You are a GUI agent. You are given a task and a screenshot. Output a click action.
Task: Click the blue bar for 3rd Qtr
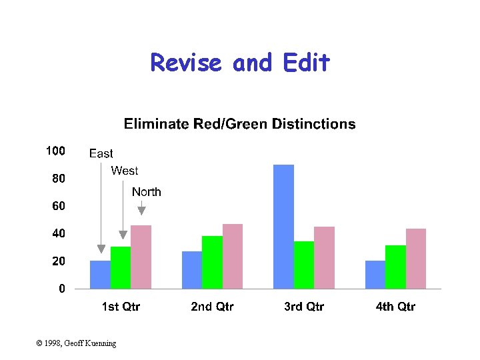(283, 227)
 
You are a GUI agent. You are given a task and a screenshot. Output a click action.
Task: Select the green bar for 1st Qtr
(121, 267)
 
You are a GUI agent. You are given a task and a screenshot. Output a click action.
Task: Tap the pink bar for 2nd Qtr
(233, 256)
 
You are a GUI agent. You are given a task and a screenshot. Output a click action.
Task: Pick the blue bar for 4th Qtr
(375, 275)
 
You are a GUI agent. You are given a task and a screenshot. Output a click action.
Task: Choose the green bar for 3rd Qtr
(304, 265)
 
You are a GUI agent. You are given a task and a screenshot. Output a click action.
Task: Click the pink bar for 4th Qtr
(416, 259)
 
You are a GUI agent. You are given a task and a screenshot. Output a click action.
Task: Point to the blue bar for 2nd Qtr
(192, 270)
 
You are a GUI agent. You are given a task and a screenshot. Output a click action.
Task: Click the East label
(101, 154)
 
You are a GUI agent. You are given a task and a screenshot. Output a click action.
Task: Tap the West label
(125, 171)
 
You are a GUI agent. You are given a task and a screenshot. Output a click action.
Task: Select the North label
(146, 192)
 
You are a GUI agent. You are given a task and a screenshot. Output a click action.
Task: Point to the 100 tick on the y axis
(55, 151)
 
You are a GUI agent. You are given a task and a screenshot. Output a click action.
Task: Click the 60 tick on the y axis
(59, 207)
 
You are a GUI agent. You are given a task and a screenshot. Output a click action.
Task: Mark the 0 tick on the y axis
(61, 289)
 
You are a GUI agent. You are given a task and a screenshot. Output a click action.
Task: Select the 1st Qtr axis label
(121, 307)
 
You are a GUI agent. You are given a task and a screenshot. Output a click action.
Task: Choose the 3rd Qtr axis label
(304, 307)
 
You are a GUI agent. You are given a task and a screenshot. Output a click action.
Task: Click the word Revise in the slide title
(187, 63)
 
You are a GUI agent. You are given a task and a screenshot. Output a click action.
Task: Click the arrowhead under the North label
(141, 211)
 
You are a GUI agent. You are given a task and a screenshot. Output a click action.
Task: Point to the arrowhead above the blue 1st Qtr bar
(101, 249)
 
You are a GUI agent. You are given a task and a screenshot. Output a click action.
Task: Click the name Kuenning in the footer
(99, 343)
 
